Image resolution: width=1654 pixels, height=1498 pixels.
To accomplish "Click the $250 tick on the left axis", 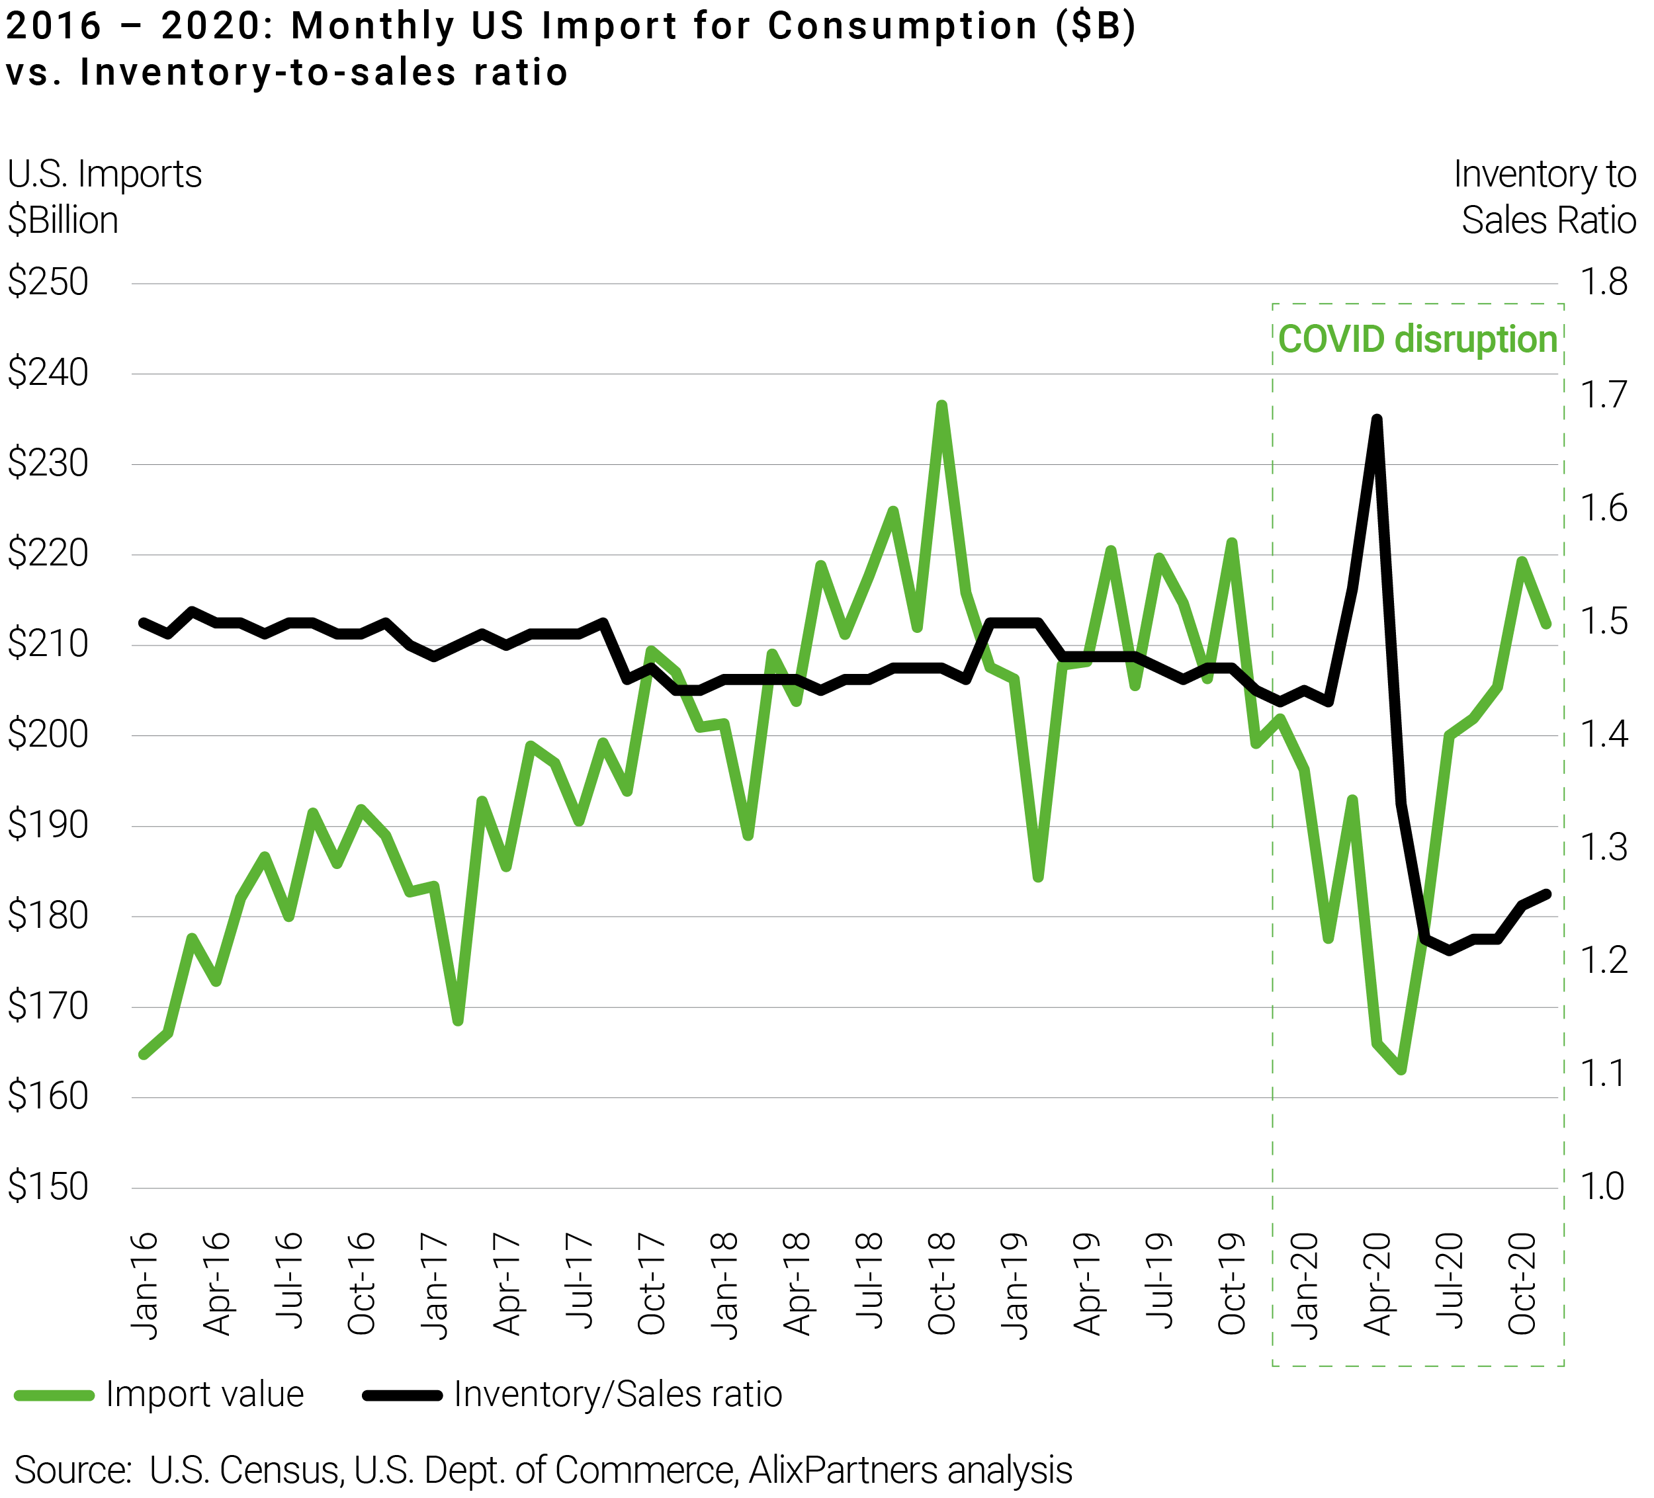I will (x=48, y=283).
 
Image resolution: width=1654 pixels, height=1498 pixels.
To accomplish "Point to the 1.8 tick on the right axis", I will (x=1603, y=283).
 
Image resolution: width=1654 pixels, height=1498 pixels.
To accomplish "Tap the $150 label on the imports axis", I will (x=48, y=1187).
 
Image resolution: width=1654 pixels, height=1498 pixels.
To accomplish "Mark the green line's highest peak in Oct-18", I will (x=942, y=405).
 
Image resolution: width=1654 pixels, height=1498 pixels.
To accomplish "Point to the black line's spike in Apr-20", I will (x=1377, y=420).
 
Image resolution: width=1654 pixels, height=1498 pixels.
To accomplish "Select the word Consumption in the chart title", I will (x=902, y=26).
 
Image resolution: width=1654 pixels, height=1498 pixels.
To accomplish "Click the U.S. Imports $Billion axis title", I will (x=104, y=197).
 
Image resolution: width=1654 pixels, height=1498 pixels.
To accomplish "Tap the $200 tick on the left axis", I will (x=48, y=735).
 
